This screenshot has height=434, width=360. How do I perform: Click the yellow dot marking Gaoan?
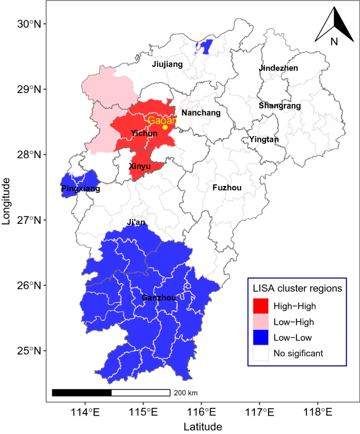[x=165, y=127]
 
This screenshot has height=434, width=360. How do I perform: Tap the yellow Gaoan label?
[x=162, y=120]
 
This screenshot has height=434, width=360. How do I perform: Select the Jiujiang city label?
[x=167, y=65]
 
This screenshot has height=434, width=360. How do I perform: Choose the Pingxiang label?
[x=80, y=188]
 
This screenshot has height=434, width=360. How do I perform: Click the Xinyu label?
[x=140, y=166]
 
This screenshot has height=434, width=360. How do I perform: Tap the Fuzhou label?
[x=227, y=188]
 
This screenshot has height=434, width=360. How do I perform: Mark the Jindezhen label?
[x=278, y=68]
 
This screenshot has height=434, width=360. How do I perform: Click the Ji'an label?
[x=136, y=222]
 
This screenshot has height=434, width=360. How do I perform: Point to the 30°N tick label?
[x=30, y=24]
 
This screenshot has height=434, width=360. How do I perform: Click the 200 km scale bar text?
[x=186, y=393]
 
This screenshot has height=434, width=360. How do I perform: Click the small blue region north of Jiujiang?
[x=206, y=47]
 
